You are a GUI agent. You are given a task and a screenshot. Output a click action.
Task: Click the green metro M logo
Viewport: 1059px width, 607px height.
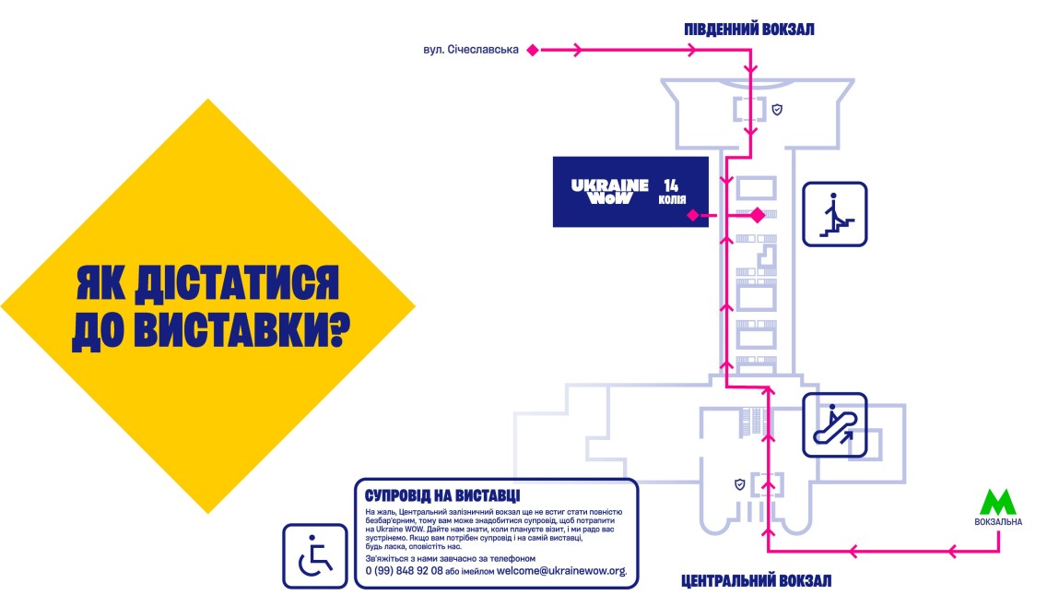pyautogui.click(x=997, y=502)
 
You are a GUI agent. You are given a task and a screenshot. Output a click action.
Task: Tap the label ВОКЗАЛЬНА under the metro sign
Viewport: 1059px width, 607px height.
pyautogui.click(x=997, y=522)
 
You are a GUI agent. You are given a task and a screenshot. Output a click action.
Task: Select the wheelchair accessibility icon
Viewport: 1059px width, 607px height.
pyautogui.click(x=314, y=555)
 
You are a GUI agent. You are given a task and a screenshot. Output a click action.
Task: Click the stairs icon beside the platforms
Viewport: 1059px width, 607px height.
pyautogui.click(x=834, y=214)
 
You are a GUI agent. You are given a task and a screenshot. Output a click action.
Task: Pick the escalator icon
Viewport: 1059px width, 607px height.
pyautogui.click(x=834, y=425)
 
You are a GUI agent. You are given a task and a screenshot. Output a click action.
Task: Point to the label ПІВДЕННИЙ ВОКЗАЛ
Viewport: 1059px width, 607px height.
pyautogui.click(x=748, y=30)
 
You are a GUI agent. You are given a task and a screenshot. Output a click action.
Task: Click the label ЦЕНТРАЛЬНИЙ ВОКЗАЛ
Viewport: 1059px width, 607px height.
pyautogui.click(x=756, y=581)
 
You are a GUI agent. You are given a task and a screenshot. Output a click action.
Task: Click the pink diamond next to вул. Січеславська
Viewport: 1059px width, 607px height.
pyautogui.click(x=532, y=51)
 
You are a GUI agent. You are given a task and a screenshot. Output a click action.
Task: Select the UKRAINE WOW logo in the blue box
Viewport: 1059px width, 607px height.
pyautogui.click(x=602, y=191)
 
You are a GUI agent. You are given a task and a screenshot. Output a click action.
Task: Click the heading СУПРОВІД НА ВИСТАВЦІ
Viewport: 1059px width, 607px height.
pyautogui.click(x=442, y=494)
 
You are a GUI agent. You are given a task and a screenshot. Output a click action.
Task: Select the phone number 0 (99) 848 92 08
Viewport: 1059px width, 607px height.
pyautogui.click(x=404, y=571)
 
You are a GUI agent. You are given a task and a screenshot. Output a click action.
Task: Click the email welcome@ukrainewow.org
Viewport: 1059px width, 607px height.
pyautogui.click(x=560, y=571)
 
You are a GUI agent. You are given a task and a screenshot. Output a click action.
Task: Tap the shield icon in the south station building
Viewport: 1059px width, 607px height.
pyautogui.click(x=777, y=110)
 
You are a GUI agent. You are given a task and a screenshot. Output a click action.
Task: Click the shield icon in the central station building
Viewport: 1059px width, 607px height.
pyautogui.click(x=738, y=483)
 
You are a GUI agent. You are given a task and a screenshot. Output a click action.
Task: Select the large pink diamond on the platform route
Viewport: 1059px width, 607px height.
pyautogui.click(x=757, y=216)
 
